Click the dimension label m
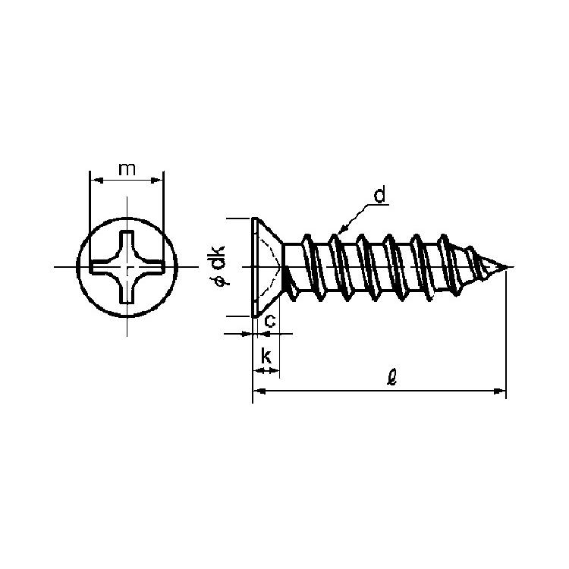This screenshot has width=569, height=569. coord(127,169)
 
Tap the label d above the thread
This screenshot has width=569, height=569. coord(379,196)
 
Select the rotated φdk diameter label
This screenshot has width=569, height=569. coord(220,266)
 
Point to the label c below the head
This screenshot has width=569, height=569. coord(270,321)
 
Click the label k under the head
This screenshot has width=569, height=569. coord(266,356)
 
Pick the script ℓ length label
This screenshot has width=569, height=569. coord(392,377)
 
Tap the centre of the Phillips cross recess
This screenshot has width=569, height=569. coord(127,267)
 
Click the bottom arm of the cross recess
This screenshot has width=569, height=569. coord(127,292)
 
